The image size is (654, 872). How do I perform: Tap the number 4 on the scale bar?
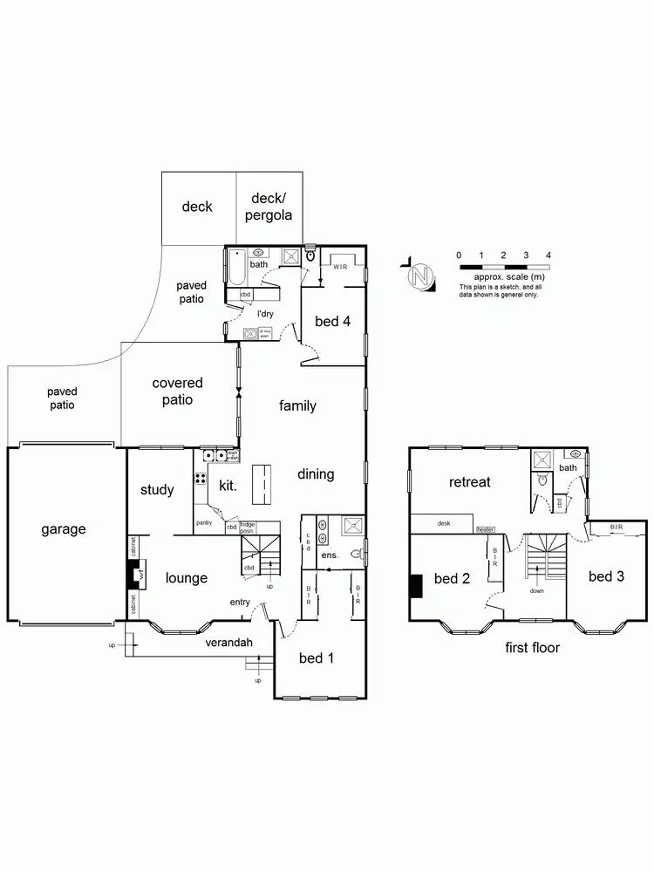click(x=548, y=255)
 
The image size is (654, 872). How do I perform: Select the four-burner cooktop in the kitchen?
click(x=200, y=478)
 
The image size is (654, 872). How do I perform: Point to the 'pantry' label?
click(x=204, y=522)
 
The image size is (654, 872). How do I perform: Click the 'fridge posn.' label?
click(x=249, y=528)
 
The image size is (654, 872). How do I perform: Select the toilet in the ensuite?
click(x=355, y=554)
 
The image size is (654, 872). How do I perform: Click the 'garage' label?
click(x=62, y=528)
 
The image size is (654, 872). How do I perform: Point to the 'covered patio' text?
click(x=177, y=392)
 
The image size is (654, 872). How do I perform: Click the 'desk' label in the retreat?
click(x=443, y=523)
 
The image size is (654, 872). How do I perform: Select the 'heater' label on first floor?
click(x=485, y=529)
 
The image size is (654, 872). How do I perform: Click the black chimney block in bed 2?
click(x=416, y=585)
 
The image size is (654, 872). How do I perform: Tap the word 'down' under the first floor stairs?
click(x=537, y=590)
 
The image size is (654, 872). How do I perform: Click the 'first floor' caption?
click(x=532, y=648)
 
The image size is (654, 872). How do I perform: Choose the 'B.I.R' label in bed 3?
click(x=616, y=527)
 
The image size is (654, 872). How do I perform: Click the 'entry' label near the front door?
click(x=240, y=602)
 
